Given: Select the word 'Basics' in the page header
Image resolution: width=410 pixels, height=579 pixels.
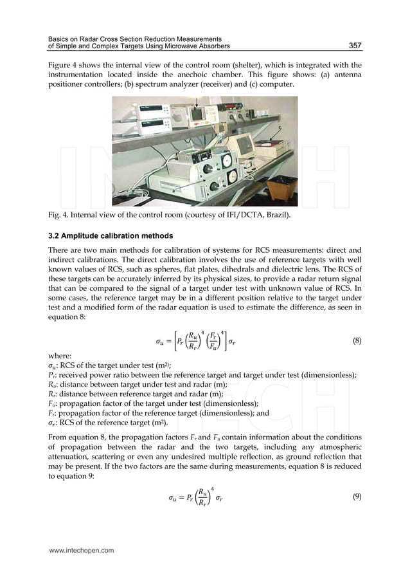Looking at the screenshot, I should coord(53,39).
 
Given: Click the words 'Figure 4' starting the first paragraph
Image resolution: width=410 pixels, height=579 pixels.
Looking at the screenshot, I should coord(64,65).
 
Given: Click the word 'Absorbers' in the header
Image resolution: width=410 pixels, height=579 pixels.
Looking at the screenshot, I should coord(211,47).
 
